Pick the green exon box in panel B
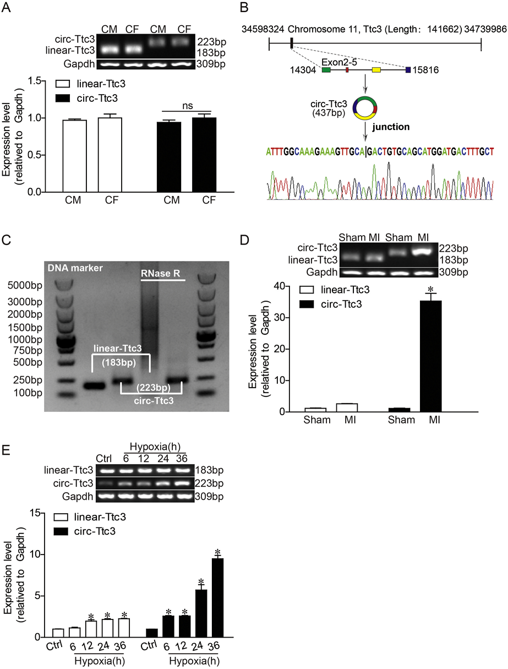pyautogui.click(x=326, y=70)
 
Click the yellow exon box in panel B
pyautogui.click(x=376, y=70)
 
